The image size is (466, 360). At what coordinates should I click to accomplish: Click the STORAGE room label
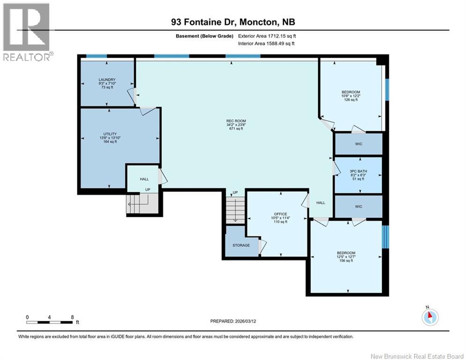(x=241, y=245)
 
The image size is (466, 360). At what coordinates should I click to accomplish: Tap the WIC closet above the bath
(x=359, y=144)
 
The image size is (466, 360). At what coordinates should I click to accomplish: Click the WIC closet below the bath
(x=359, y=206)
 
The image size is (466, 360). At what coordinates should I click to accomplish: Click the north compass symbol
(x=430, y=316)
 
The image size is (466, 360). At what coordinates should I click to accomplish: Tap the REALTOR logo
(x=27, y=32)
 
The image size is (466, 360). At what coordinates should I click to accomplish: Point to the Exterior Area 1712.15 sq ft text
(x=267, y=36)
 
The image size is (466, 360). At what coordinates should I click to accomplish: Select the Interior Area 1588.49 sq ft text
(x=266, y=44)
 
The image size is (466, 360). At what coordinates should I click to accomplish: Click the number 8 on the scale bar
(x=72, y=317)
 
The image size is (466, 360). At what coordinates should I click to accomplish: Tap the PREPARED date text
(x=233, y=321)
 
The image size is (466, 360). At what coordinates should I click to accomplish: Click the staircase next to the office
(x=235, y=209)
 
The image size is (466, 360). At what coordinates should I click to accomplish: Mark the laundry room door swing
(x=131, y=96)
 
